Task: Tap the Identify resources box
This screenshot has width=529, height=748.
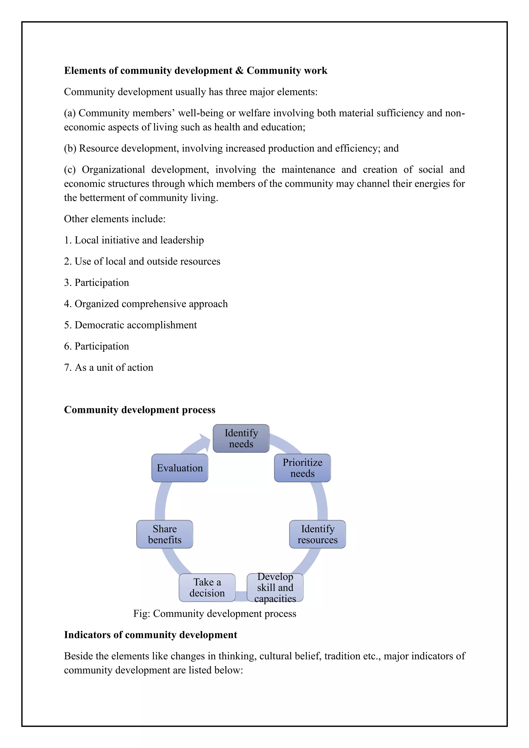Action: tap(317, 534)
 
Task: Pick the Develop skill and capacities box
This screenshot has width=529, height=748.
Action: tap(275, 587)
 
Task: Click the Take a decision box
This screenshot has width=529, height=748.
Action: tap(207, 587)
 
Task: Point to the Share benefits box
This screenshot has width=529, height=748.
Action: tap(165, 534)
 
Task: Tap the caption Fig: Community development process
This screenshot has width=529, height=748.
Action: tap(215, 613)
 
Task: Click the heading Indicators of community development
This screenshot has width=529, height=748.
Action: tap(151, 635)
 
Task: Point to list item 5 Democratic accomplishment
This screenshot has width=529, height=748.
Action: tap(130, 325)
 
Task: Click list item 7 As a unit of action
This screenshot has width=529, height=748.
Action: tap(108, 367)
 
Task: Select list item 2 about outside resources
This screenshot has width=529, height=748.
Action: tap(142, 261)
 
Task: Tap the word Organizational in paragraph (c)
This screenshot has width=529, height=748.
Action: tap(113, 169)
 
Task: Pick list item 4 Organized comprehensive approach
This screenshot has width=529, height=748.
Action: tap(146, 304)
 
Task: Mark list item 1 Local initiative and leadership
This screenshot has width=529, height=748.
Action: tap(134, 240)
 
